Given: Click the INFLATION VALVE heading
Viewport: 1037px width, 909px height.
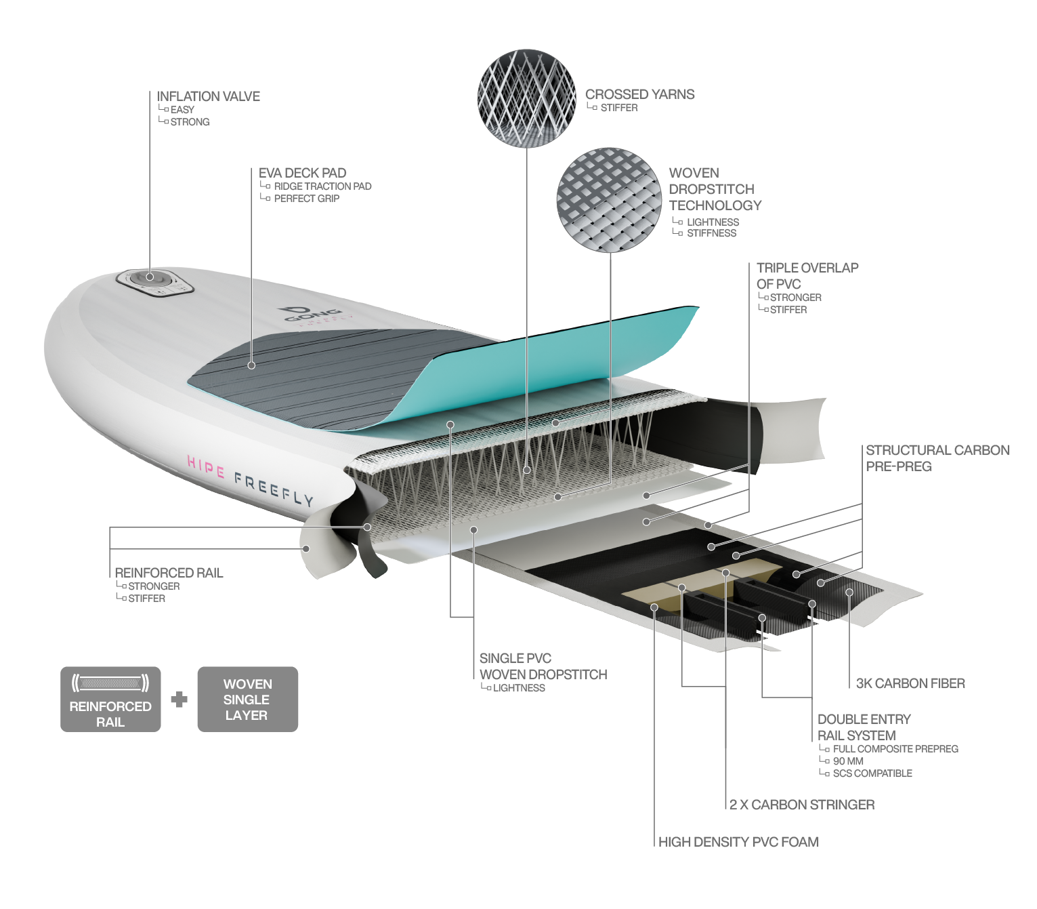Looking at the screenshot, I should pyautogui.click(x=208, y=96).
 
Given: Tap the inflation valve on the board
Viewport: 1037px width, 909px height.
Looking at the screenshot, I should pyautogui.click(x=150, y=277).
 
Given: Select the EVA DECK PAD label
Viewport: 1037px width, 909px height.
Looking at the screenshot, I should pyautogui.click(x=302, y=173).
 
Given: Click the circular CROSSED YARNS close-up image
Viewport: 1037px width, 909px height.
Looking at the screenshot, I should pyautogui.click(x=526, y=98).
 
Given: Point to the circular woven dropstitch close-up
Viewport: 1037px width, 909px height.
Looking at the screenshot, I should pyautogui.click(x=609, y=200).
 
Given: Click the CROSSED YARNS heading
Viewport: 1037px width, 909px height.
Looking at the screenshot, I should pyautogui.click(x=639, y=94).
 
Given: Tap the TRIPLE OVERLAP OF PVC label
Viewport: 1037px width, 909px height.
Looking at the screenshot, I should pyautogui.click(x=807, y=275).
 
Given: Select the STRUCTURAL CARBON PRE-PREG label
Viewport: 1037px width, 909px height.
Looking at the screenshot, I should pyautogui.click(x=937, y=458).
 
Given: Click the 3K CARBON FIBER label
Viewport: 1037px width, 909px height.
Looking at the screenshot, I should pyautogui.click(x=910, y=683).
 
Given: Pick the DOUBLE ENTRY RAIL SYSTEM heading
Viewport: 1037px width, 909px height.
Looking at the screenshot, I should pyautogui.click(x=864, y=727).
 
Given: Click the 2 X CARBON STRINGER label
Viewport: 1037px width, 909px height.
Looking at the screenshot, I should pyautogui.click(x=802, y=805).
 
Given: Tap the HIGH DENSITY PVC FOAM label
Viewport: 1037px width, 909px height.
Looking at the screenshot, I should pyautogui.click(x=738, y=842).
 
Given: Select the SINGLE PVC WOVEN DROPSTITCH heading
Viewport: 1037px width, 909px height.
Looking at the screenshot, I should pyautogui.click(x=543, y=666).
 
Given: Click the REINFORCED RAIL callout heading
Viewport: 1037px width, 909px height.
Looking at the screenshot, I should pyautogui.click(x=169, y=573).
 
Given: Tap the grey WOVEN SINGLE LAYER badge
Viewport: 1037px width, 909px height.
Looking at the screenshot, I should pyautogui.click(x=247, y=699).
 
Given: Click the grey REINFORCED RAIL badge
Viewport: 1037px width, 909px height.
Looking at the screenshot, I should pyautogui.click(x=110, y=699).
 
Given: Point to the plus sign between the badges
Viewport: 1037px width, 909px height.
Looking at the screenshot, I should pyautogui.click(x=179, y=699).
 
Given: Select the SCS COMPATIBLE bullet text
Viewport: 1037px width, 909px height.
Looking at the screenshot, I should pyautogui.click(x=872, y=773).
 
